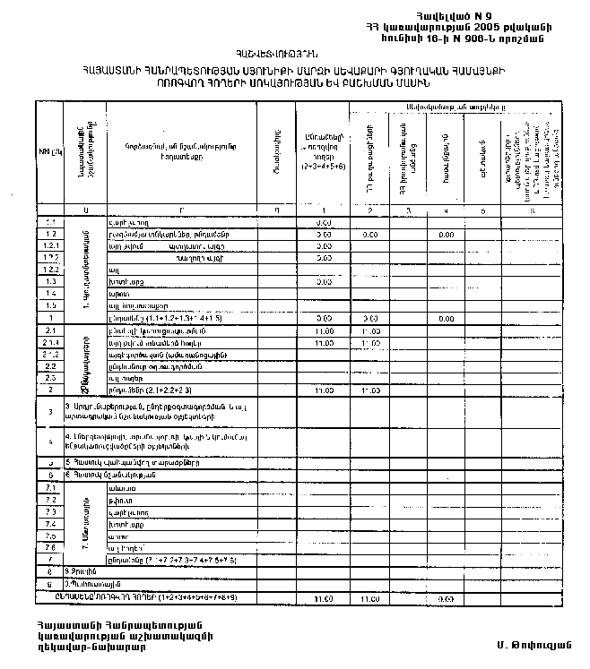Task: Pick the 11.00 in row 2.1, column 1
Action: tap(325, 330)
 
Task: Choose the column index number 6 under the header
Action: tap(534, 210)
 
